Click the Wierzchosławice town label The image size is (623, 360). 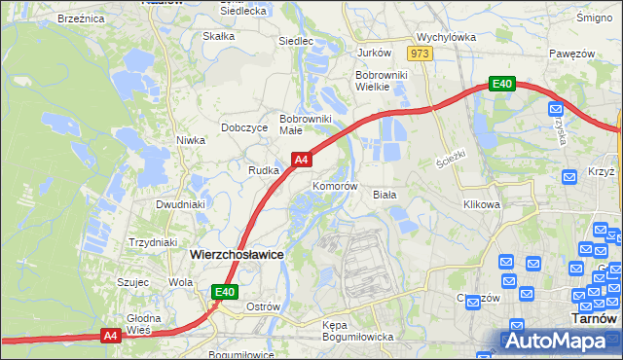[237, 254]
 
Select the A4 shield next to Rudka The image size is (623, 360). [302, 160]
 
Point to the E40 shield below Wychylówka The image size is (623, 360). [501, 85]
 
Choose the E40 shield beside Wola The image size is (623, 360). [225, 291]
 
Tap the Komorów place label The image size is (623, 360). [336, 186]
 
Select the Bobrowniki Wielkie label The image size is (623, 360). [386, 80]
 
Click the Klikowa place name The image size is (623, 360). [482, 205]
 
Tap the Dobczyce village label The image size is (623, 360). [244, 127]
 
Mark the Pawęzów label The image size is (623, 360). [570, 53]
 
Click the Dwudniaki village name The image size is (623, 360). [181, 205]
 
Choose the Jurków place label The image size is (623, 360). [374, 53]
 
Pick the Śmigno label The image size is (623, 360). [593, 18]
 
